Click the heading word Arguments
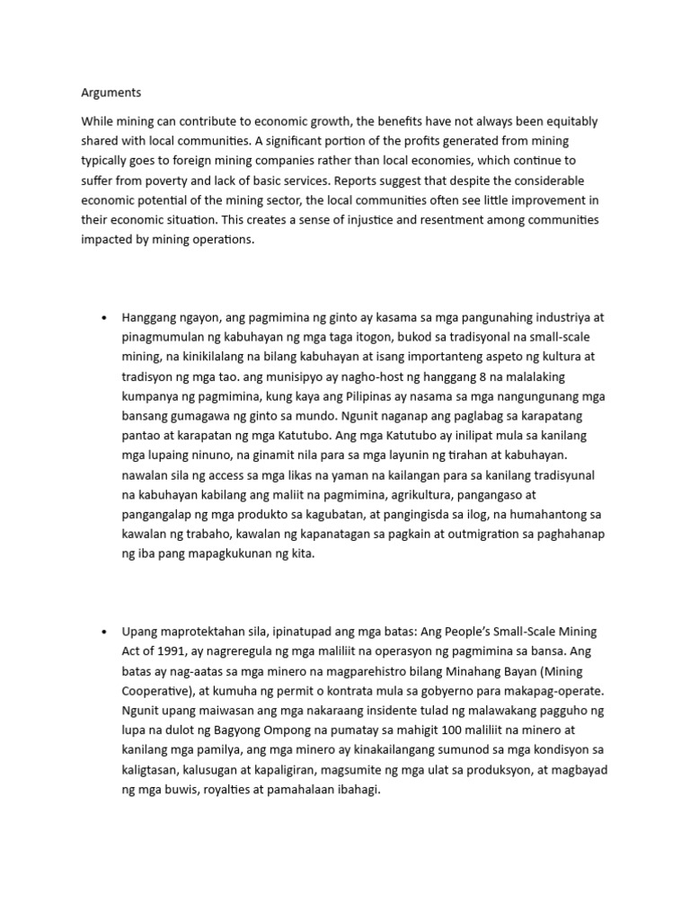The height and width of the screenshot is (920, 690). tap(111, 93)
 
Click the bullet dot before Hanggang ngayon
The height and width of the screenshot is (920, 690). tap(105, 318)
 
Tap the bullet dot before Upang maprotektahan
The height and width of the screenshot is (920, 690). tap(105, 632)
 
